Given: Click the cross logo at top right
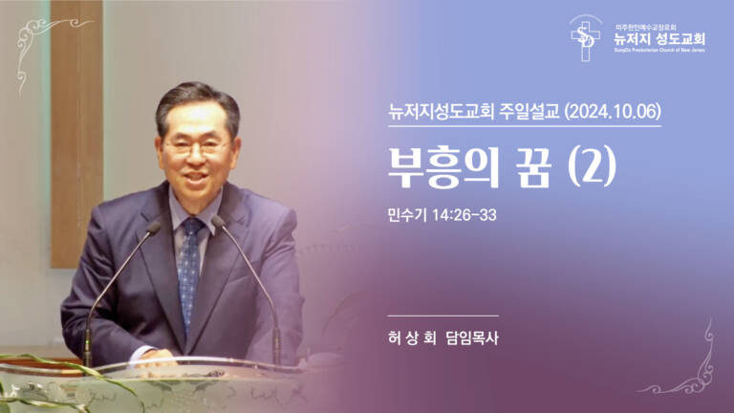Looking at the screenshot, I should coord(584,39).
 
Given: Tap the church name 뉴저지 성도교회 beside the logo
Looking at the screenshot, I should coord(659,40).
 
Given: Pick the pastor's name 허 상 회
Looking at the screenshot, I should coord(408,338).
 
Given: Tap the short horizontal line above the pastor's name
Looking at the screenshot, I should coord(443,315).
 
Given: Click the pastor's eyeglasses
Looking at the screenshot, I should coord(197,148).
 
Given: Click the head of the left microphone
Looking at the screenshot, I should coord(154,227).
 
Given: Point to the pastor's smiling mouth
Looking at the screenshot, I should coord(200,179).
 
